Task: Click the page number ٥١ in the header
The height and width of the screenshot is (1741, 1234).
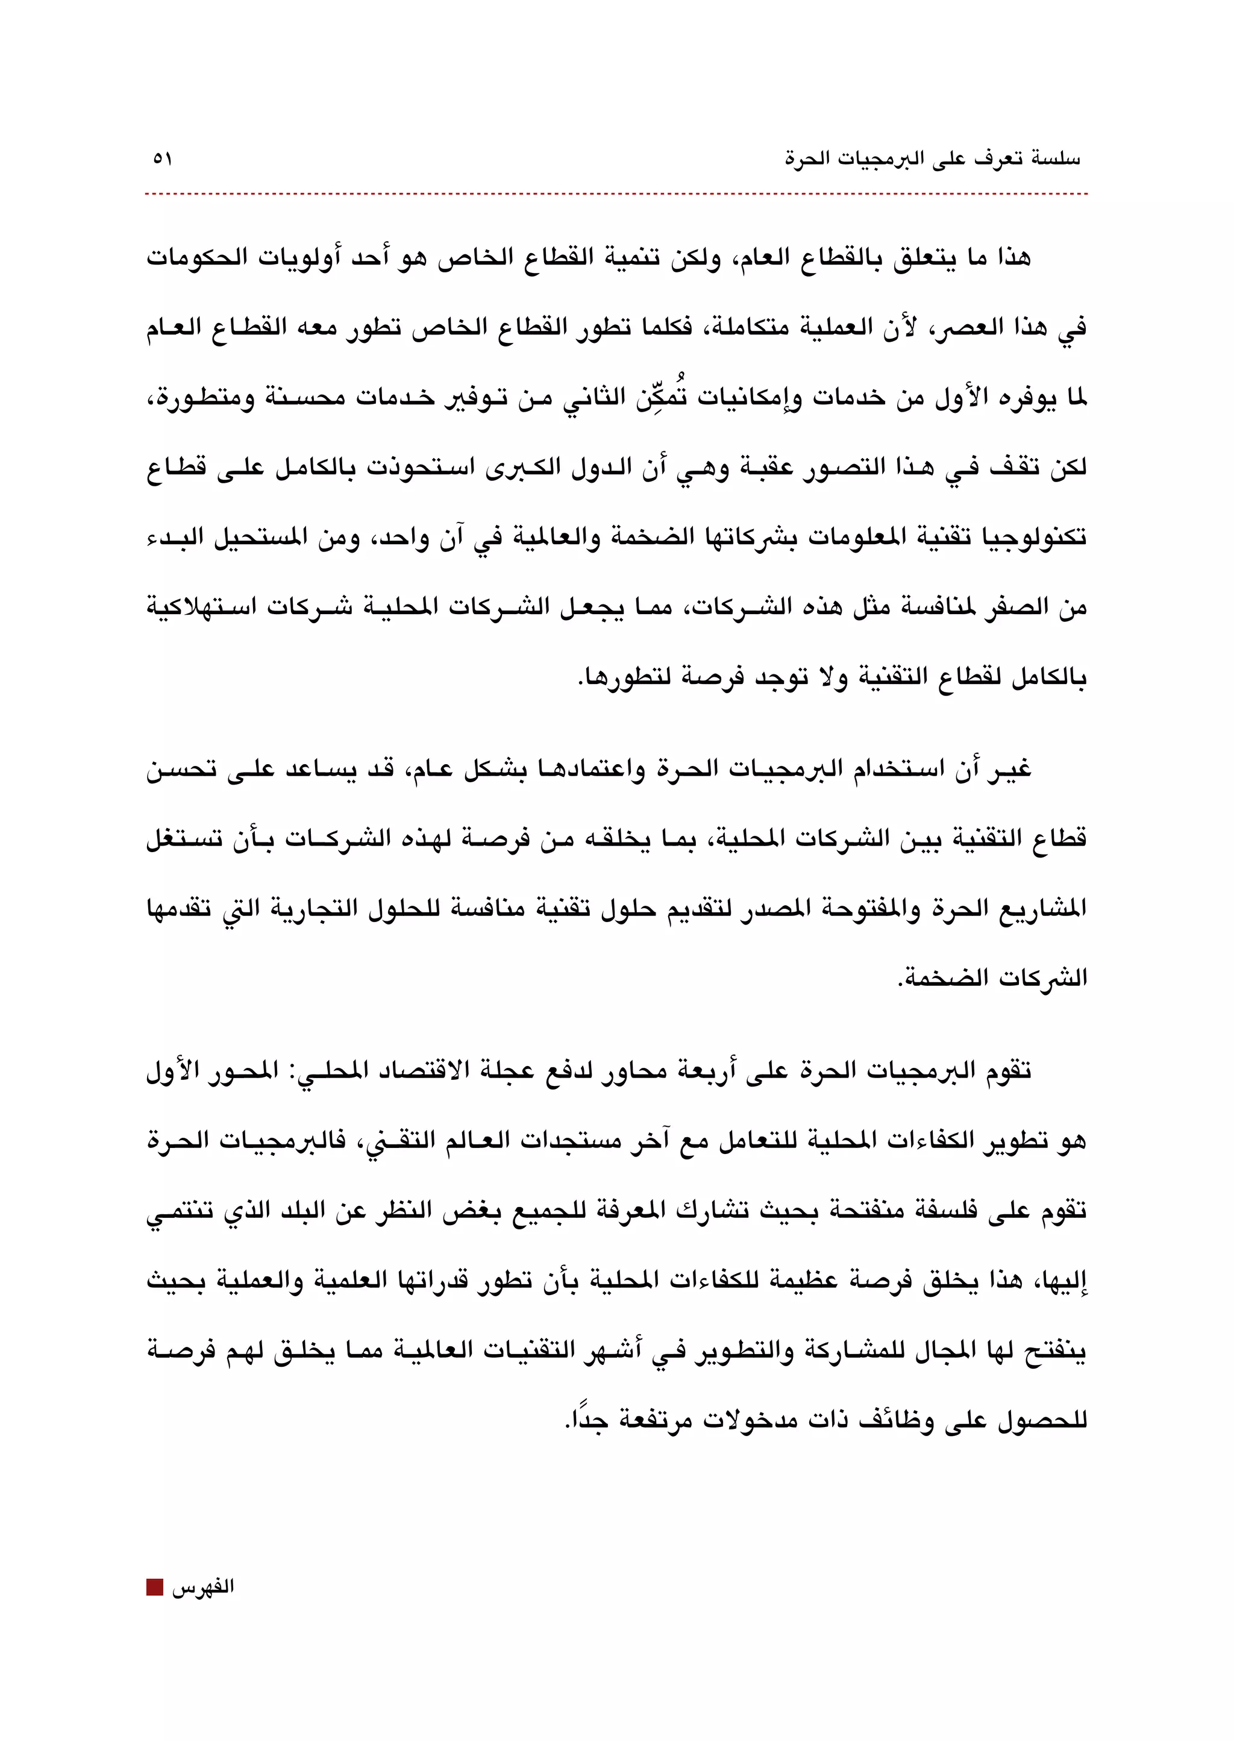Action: click(x=163, y=160)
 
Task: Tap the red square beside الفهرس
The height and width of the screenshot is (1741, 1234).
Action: click(x=154, y=1587)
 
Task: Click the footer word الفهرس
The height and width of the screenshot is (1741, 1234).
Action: click(x=203, y=1587)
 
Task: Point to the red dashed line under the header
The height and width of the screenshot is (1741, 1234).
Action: click(x=615, y=195)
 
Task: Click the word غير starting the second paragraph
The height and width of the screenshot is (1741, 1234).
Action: click(x=1008, y=770)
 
